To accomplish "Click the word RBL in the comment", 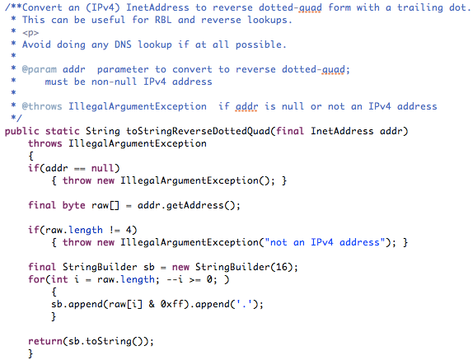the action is (163, 20).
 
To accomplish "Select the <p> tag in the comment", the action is (30, 33).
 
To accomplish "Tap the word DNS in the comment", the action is (123, 44).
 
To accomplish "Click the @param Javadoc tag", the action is (40, 70).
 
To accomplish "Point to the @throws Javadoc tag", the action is (42, 106).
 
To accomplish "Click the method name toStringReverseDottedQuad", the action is (198, 131).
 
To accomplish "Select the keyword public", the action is (21, 131).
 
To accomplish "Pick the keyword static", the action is (62, 131).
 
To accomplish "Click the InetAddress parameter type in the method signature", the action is (342, 131).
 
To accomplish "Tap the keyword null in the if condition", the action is (102, 168).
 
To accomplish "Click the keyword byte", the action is (73, 205).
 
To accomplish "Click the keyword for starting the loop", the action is (36, 279).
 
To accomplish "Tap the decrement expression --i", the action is (175, 279).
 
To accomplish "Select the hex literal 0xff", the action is (171, 304).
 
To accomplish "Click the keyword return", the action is (45, 341).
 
